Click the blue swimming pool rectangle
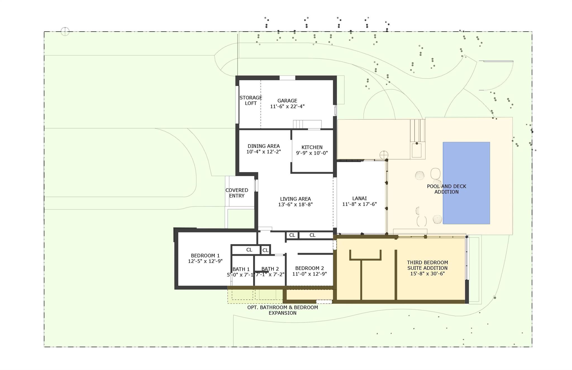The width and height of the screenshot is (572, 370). [x=466, y=183]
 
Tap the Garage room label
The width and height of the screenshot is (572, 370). [x=287, y=101]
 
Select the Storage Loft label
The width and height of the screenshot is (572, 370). [x=251, y=101]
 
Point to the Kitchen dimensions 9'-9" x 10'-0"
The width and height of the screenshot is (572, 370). [x=312, y=153]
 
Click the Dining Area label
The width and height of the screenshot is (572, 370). [x=263, y=146]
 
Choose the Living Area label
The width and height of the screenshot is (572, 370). [x=295, y=199]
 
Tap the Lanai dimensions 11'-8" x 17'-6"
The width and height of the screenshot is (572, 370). [x=359, y=204]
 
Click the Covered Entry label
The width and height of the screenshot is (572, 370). [x=237, y=193]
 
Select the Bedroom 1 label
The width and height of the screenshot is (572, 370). [x=205, y=256]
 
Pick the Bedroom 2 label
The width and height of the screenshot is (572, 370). [x=309, y=268]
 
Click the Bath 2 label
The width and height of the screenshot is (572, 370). [x=270, y=269]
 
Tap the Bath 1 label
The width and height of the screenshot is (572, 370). [x=241, y=269]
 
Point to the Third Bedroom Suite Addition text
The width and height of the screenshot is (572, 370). [x=427, y=268]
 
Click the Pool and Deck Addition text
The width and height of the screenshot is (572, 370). [x=446, y=189]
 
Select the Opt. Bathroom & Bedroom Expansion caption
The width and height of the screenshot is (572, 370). [x=282, y=310]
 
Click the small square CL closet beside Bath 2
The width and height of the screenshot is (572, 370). [x=265, y=250]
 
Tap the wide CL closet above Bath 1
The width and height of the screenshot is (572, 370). [x=249, y=250]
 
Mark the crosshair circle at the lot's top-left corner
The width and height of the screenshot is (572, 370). [x=65, y=31]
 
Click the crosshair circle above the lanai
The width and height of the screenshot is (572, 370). [x=384, y=155]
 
